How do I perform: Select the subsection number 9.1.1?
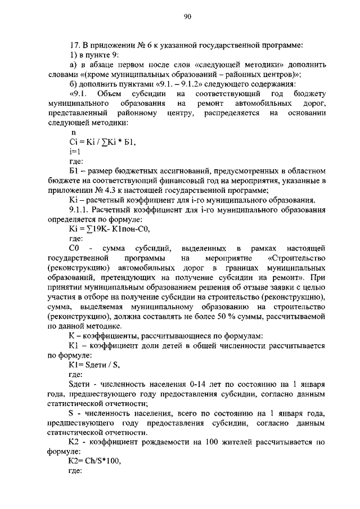79,210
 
